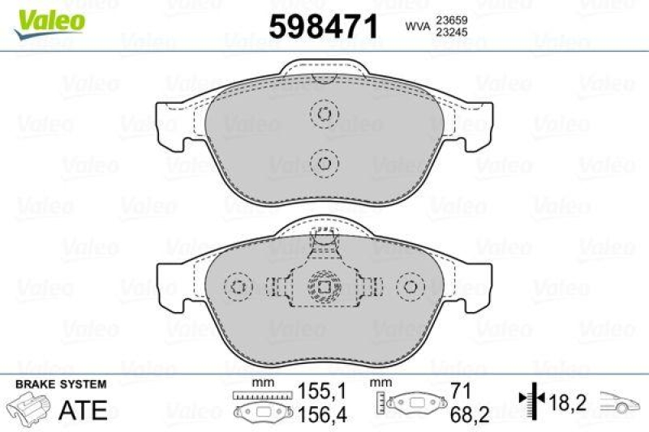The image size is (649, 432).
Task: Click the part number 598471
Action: click(x=323, y=28)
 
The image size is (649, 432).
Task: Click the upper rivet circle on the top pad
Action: click(x=324, y=114)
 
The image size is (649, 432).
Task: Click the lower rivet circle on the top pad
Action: click(x=324, y=163)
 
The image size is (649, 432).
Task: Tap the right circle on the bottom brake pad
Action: click(x=410, y=287)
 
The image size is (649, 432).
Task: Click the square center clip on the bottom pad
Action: click(x=324, y=287)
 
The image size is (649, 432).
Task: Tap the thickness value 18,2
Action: click(x=568, y=400)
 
